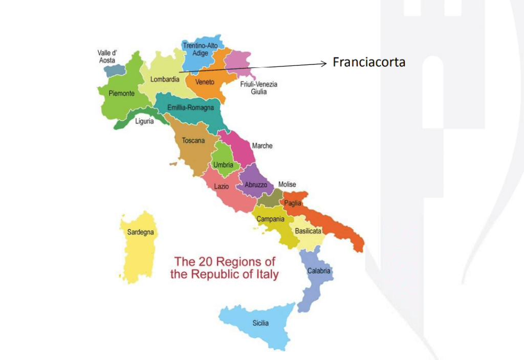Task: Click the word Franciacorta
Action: point(368,62)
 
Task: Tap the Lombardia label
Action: point(165,79)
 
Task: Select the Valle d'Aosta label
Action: point(107,57)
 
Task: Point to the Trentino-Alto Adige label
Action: point(200,49)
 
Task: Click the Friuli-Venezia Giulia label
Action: point(258,88)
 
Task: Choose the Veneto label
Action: point(205,82)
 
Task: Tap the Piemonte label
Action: point(122,94)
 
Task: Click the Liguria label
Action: point(144,122)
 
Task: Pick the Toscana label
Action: point(193,140)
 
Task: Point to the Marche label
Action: point(262,146)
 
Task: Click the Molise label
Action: point(287,185)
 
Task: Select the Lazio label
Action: point(221,187)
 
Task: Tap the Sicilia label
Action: point(260,323)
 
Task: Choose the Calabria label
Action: point(318,271)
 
